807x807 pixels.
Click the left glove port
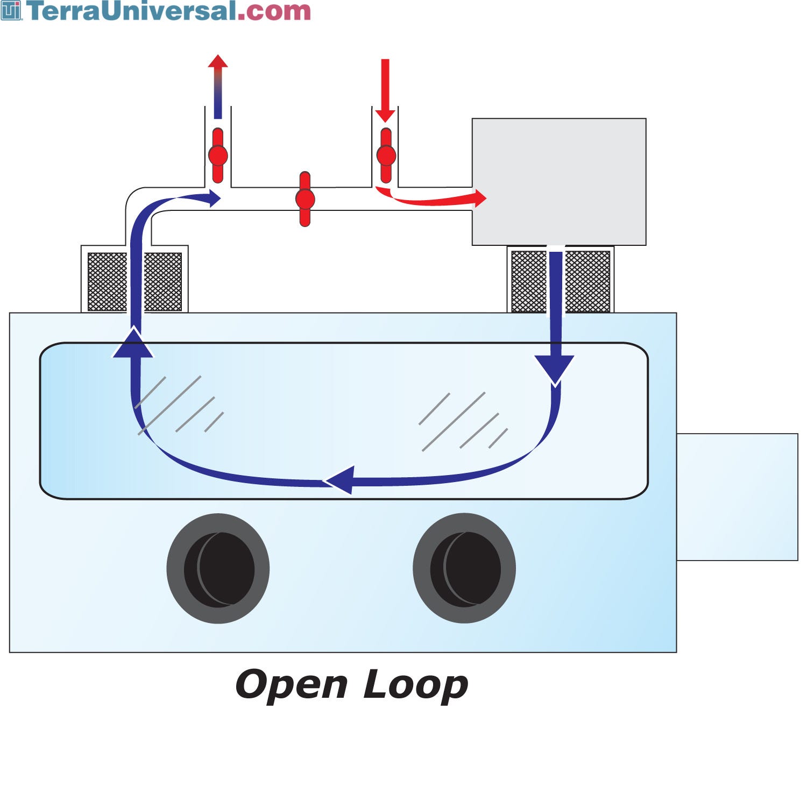pyautogui.click(x=218, y=569)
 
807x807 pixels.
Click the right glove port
pyautogui.click(x=464, y=569)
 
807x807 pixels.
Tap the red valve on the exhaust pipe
pyautogui.click(x=218, y=155)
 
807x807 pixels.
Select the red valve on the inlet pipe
pyautogui.click(x=386, y=155)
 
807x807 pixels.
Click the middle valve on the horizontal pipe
pyautogui.click(x=305, y=199)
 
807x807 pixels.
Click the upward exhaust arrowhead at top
pyautogui.click(x=218, y=61)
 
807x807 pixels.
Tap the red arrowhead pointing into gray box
pyautogui.click(x=479, y=198)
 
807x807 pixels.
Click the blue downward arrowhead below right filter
pyautogui.click(x=554, y=369)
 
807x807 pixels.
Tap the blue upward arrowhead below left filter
pyautogui.click(x=133, y=344)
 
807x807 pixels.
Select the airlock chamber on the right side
pyautogui.click(x=737, y=497)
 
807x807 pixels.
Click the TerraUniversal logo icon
pyautogui.click(x=11, y=11)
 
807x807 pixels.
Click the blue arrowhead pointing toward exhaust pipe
pyautogui.click(x=214, y=198)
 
